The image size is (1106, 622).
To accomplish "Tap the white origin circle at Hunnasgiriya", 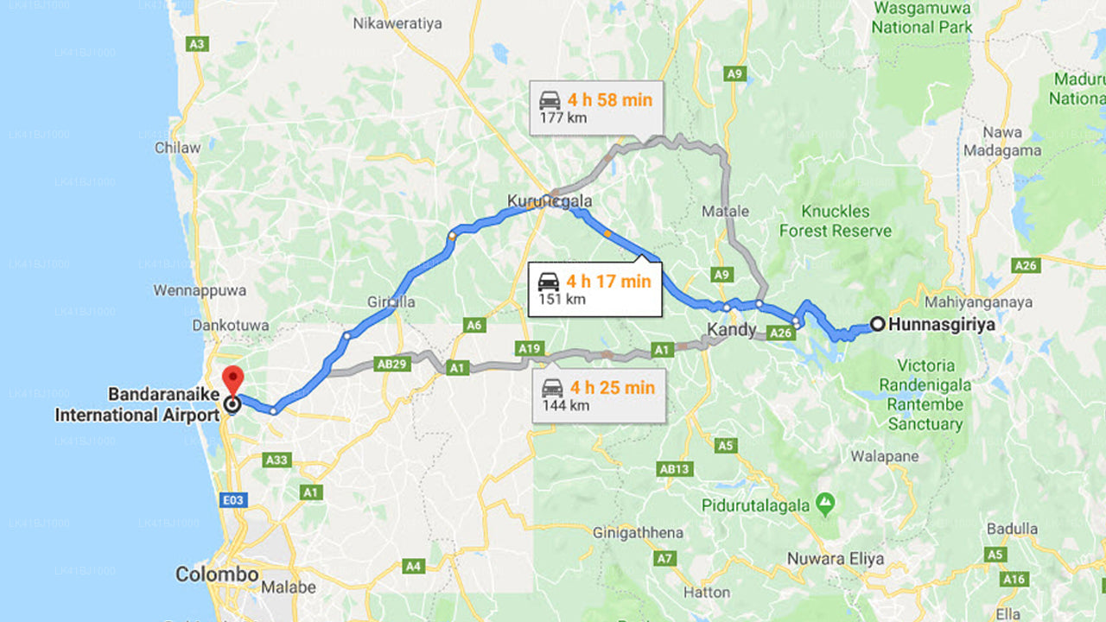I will (877, 325).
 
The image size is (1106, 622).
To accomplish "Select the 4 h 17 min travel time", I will (608, 281).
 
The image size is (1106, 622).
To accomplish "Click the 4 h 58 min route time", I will (609, 99).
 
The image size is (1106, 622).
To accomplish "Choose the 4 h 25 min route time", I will (611, 387).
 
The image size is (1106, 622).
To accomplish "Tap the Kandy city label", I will (732, 329).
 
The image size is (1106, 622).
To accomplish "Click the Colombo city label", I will (217, 574).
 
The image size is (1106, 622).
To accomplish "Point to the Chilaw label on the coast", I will (177, 148).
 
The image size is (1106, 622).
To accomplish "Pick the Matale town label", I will (725, 211).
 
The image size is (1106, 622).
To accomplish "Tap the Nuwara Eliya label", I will (835, 559).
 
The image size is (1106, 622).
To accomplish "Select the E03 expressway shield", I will (234, 499).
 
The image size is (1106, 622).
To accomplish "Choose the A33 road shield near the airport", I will (276, 460).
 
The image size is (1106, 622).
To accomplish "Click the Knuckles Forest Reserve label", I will (835, 221).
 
